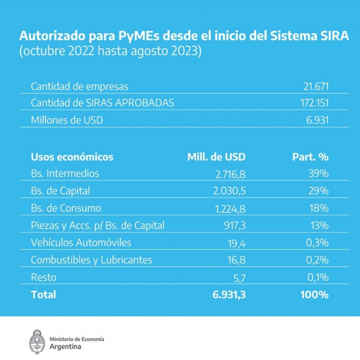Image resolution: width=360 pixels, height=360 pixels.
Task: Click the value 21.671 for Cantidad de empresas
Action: (316, 87)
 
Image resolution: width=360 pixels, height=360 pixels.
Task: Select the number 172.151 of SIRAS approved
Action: (313, 103)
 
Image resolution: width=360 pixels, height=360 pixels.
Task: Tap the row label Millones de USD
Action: (67, 120)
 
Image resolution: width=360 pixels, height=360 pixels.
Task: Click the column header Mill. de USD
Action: (216, 157)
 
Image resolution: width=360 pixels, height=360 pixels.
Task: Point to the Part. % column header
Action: (310, 157)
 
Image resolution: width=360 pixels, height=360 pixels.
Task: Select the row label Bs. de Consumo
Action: (66, 208)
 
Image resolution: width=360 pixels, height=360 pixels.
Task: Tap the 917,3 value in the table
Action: (234, 226)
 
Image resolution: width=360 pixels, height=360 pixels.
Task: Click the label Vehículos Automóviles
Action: (81, 243)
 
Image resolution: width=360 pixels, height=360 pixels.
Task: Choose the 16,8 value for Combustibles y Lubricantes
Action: (237, 260)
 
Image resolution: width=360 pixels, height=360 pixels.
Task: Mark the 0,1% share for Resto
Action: (317, 277)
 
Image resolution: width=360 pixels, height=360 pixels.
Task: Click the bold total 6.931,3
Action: (229, 295)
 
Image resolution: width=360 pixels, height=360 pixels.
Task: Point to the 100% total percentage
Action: (314, 295)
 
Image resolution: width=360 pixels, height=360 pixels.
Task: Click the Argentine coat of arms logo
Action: (37, 340)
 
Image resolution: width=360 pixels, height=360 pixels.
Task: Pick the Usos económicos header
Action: (72, 157)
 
